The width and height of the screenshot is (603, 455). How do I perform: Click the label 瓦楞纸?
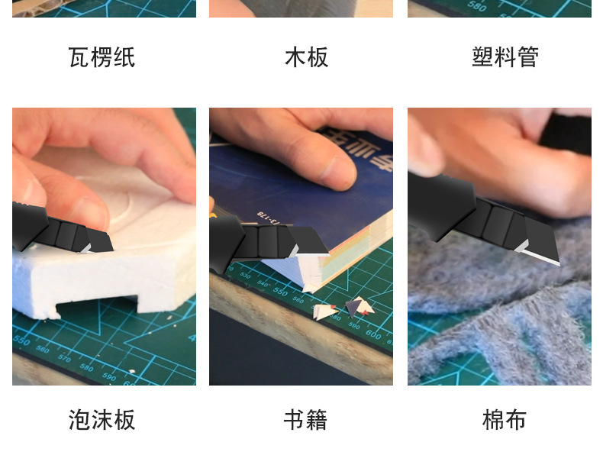(x=102, y=57)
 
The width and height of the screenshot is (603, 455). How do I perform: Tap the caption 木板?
(x=306, y=57)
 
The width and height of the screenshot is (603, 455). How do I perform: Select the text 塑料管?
(x=505, y=57)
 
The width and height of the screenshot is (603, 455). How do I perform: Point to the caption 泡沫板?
(x=102, y=419)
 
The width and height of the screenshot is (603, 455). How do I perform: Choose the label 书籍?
(x=305, y=419)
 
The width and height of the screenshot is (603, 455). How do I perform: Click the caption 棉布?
(x=505, y=419)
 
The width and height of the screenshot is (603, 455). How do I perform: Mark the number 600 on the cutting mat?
(x=373, y=334)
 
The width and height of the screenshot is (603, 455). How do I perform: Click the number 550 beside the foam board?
(x=21, y=339)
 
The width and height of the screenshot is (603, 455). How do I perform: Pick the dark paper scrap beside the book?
(x=353, y=307)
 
